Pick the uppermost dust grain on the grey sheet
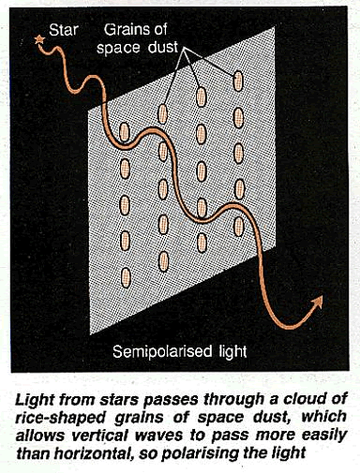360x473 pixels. pos(237,81)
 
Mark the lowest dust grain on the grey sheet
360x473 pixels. pos(163,260)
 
